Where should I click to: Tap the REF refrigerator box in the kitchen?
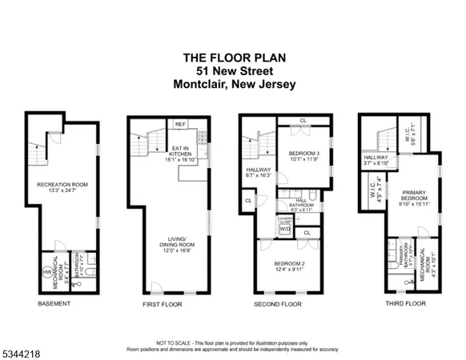tap(181, 123)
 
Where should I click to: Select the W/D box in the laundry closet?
tap(284, 229)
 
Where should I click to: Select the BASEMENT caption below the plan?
tap(54, 304)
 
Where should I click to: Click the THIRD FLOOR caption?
tap(394, 304)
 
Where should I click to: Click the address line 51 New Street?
tap(232, 70)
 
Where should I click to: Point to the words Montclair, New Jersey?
tap(232, 83)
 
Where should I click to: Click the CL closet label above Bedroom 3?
tap(303, 122)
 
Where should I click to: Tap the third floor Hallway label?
tap(376, 158)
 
